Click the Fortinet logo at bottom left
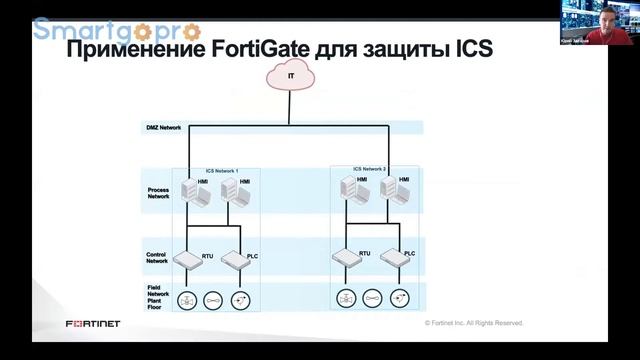pos(93,323)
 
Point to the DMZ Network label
pos(162,128)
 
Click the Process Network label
pos(159,193)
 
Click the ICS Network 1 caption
pos(222,171)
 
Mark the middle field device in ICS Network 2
pos(372,297)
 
